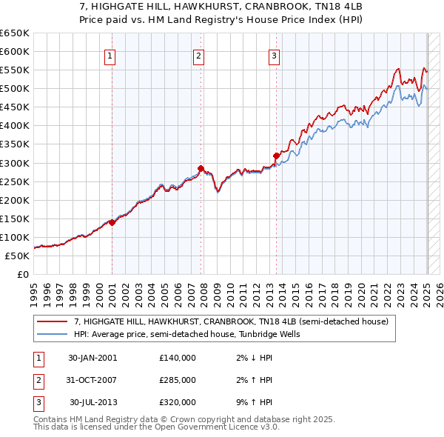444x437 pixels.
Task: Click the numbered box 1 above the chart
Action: coord(110,55)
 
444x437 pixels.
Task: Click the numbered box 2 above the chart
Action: coord(199,55)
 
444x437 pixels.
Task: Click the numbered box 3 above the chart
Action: coord(274,55)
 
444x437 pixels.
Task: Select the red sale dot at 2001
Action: coord(112,222)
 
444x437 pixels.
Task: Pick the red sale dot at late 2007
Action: coord(201,168)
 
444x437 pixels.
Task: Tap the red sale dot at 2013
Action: coord(276,156)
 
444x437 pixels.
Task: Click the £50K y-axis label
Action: coord(17,256)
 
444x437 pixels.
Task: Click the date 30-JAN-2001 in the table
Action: coord(92,358)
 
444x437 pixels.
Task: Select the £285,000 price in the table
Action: coord(178,380)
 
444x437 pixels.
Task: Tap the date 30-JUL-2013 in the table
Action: coord(92,402)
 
